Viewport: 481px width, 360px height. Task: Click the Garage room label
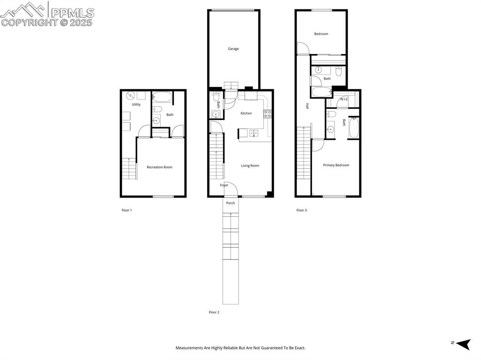[233, 49]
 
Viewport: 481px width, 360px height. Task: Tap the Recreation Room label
[159, 167]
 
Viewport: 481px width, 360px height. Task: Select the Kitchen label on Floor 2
[246, 113]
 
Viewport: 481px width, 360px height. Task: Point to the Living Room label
[250, 166]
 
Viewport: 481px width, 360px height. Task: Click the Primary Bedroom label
[336, 165]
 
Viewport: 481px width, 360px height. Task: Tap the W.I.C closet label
[344, 99]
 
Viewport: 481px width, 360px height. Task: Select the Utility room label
[136, 105]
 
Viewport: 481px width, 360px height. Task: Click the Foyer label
[224, 185]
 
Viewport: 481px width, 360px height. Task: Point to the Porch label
[231, 203]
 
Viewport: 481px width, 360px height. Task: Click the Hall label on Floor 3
[308, 107]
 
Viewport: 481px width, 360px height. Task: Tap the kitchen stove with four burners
[267, 114]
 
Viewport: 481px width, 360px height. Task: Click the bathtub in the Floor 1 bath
[163, 98]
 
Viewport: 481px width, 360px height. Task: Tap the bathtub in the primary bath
[354, 128]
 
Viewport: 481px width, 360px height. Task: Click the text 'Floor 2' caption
[214, 312]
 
